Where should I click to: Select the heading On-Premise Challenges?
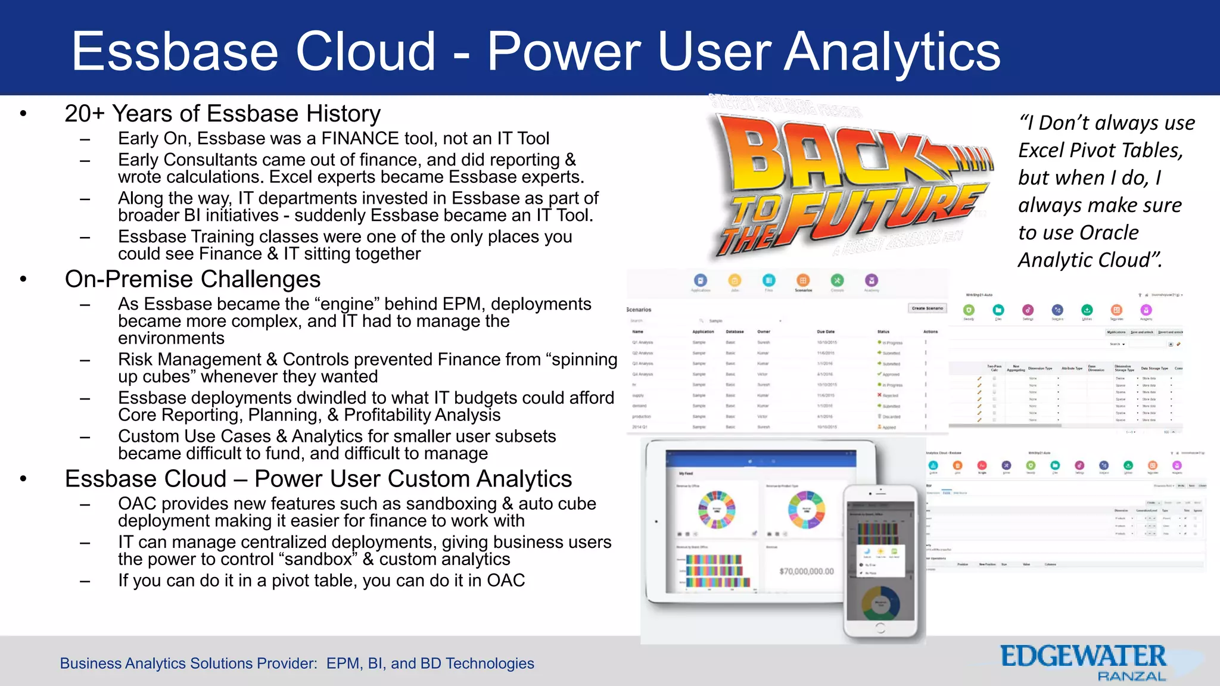[x=192, y=279]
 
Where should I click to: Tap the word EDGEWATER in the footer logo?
[x=1082, y=657]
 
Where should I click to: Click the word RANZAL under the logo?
[x=1131, y=676]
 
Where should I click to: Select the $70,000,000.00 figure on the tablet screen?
[x=807, y=571]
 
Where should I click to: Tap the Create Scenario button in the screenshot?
[x=927, y=308]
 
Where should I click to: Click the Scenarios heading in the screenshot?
[x=639, y=310]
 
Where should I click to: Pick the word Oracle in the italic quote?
[x=1109, y=233]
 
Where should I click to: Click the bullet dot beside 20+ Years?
[x=23, y=114]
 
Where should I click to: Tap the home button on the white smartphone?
[x=880, y=628]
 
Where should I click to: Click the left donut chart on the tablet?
[x=717, y=510]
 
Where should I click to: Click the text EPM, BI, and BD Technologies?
[x=430, y=663]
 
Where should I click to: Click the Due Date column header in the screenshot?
[x=826, y=332]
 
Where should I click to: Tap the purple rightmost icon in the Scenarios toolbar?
[x=871, y=280]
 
